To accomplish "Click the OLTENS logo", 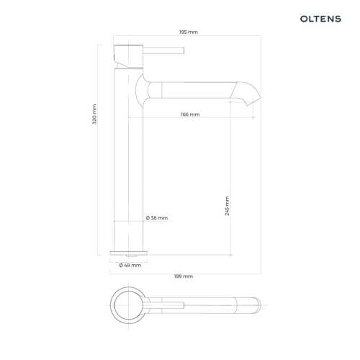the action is coord(320,19).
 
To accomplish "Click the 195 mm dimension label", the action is coord(189,32).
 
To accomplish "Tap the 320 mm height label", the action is coord(94,114).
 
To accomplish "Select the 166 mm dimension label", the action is coord(190,114).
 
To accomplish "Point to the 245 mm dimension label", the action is coord(227,206).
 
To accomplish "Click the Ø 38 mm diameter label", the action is coord(157,218).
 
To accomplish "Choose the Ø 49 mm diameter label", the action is coord(130,265).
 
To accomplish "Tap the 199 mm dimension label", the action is coord(184,276).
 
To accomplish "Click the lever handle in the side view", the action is coord(163,50).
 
